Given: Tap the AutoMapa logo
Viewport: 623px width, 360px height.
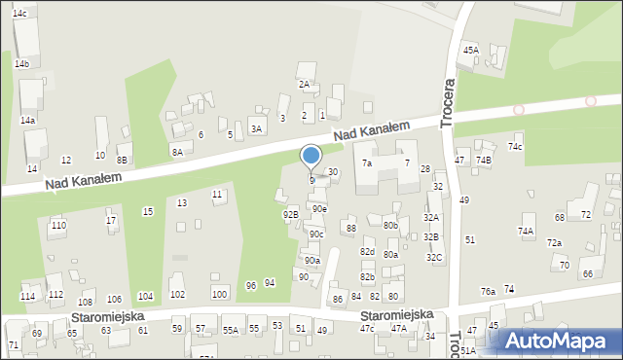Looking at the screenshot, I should click(x=558, y=340).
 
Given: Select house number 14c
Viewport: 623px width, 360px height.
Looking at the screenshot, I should click(x=19, y=14).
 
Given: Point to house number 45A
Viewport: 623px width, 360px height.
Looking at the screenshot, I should click(x=471, y=50).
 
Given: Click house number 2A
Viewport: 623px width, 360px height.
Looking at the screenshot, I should click(x=304, y=85).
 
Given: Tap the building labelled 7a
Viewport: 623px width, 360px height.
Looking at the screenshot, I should click(x=367, y=163).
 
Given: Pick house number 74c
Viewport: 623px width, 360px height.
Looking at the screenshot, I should click(x=514, y=147).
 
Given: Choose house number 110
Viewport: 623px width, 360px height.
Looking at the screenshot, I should click(x=58, y=226).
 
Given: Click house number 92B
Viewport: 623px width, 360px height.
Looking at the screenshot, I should click(x=290, y=214).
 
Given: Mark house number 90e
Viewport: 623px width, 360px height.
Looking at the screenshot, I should click(x=319, y=209).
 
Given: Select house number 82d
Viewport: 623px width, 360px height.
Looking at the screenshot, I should click(x=367, y=252).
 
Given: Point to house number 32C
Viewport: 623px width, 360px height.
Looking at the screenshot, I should click(x=434, y=257).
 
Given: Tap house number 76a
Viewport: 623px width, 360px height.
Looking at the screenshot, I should click(x=488, y=292).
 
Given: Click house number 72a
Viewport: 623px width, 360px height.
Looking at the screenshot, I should click(x=554, y=243).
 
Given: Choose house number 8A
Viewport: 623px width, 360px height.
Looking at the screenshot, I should click(x=177, y=152).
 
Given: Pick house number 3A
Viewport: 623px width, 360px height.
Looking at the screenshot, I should click(x=257, y=128).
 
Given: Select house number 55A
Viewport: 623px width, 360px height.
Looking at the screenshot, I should click(x=230, y=331).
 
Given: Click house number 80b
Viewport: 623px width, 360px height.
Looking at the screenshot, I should click(x=390, y=226).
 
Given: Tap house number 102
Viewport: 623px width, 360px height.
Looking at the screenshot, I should click(x=177, y=295).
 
